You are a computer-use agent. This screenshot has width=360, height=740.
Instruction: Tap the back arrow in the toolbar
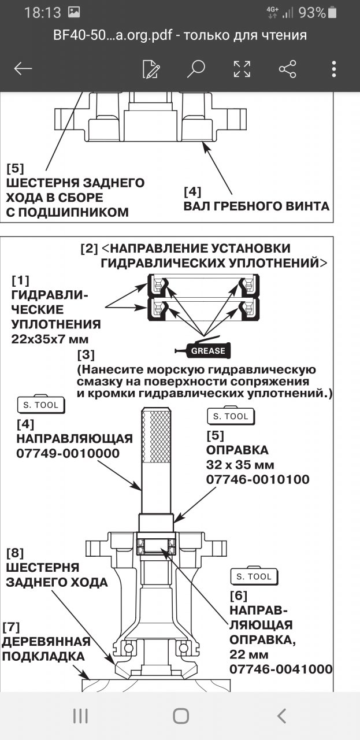point(23,69)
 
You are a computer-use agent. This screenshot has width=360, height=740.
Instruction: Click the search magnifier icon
point(196,69)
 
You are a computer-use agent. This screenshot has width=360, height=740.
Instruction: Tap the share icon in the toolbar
point(287,69)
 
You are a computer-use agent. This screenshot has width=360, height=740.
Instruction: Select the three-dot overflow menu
point(334,69)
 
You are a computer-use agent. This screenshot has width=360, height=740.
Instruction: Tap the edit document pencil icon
point(151,69)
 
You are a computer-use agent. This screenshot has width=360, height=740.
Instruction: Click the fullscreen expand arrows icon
point(242,69)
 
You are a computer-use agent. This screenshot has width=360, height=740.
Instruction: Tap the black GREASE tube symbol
point(203,350)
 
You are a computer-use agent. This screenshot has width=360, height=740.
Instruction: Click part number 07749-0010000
point(68,453)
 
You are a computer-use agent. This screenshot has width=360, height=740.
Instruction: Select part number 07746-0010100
point(257,479)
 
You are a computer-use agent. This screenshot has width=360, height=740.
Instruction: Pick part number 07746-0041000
point(280,669)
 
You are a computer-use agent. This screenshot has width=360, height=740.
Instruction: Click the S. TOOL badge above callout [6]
point(254,576)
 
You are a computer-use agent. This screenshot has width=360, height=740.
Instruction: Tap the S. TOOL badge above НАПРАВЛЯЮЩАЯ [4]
point(40,405)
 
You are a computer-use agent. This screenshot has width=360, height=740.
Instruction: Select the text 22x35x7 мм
point(49,339)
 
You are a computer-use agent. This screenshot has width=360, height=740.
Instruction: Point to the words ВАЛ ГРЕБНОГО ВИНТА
point(256,206)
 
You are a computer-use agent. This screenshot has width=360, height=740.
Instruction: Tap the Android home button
point(180,716)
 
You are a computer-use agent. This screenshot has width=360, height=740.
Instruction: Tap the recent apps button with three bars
point(80,716)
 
